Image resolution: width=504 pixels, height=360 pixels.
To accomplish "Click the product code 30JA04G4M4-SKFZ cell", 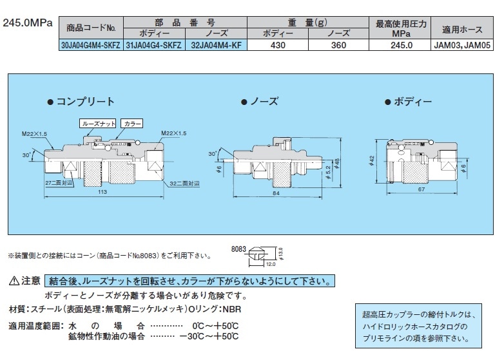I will click(90, 46).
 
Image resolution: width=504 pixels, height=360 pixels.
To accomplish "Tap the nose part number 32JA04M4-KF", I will click(216, 46).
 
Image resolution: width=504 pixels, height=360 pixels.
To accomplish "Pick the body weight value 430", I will click(277, 46).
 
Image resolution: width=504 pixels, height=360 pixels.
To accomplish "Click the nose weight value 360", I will click(339, 46).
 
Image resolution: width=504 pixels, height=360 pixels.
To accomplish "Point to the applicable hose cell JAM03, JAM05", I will click(463, 46).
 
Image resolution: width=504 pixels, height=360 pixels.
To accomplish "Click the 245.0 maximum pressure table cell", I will click(401, 46).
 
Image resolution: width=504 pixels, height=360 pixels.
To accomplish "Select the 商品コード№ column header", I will click(90, 28).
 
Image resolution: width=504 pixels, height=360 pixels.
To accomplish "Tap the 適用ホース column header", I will click(463, 29).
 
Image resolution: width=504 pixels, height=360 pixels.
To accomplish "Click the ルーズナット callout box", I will click(97, 122).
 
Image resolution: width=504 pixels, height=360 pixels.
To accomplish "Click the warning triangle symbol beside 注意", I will click(15, 281).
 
